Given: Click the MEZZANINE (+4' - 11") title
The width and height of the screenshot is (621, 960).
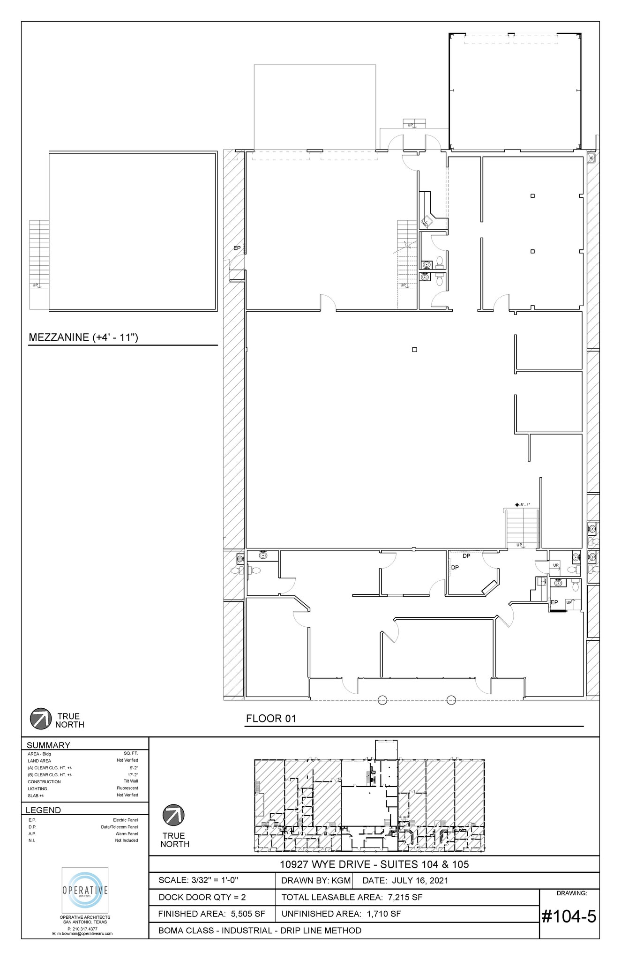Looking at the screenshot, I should (x=83, y=337).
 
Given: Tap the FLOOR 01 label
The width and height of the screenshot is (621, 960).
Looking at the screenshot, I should (x=271, y=719).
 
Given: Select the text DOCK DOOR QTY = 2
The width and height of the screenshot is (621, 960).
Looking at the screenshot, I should (x=202, y=897).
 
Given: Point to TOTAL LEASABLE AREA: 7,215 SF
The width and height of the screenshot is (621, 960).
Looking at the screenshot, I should (x=352, y=897).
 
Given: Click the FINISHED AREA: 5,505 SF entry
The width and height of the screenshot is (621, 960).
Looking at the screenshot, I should (x=211, y=914).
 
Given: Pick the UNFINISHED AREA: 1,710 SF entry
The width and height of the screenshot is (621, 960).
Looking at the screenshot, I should (x=341, y=914).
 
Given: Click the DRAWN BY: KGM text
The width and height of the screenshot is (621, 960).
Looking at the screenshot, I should (x=315, y=880).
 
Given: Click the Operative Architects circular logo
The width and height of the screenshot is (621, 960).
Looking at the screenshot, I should (x=85, y=890).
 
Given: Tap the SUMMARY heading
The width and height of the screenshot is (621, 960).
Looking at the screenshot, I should (x=48, y=745).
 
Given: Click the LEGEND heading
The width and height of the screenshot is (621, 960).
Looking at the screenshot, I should (x=43, y=810).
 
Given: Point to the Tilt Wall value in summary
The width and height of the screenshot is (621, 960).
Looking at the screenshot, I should (x=130, y=781).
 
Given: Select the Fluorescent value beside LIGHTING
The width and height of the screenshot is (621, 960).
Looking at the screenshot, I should (x=127, y=788).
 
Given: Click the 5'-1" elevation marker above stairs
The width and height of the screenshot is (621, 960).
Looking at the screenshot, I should (x=522, y=504).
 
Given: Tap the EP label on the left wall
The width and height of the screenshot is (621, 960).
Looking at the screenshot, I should (x=237, y=248).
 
